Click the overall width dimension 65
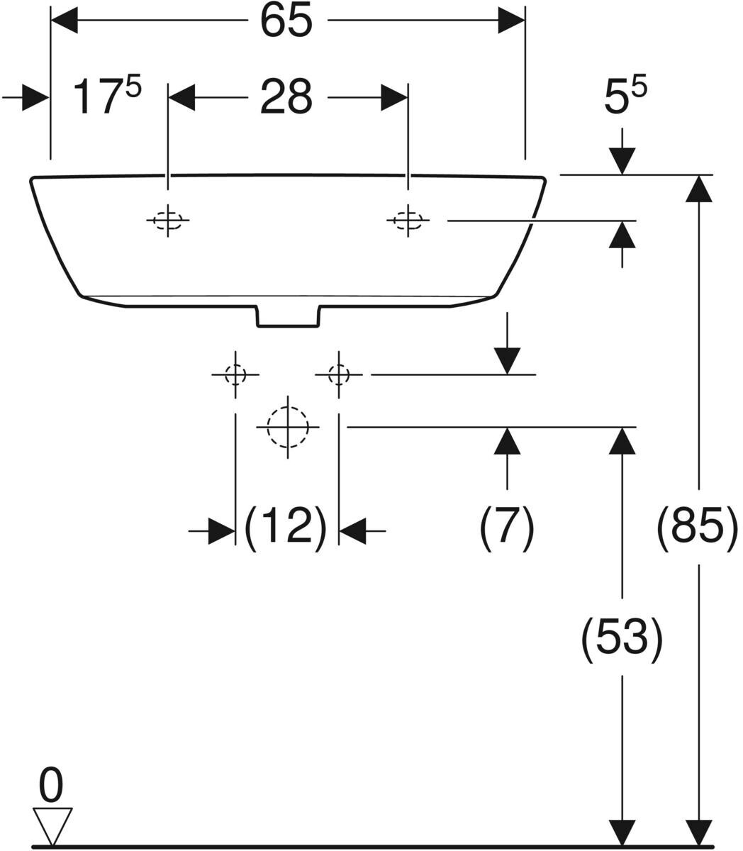[x=286, y=22]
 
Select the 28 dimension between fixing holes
[x=286, y=97]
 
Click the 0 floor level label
[x=51, y=785]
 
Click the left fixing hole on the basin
[x=168, y=221]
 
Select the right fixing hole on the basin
[x=408, y=221]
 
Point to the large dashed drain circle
[x=288, y=427]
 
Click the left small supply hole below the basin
[x=235, y=374]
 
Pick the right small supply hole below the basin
[x=339, y=374]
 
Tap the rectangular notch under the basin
[x=288, y=316]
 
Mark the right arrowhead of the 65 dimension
[x=511, y=21]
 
